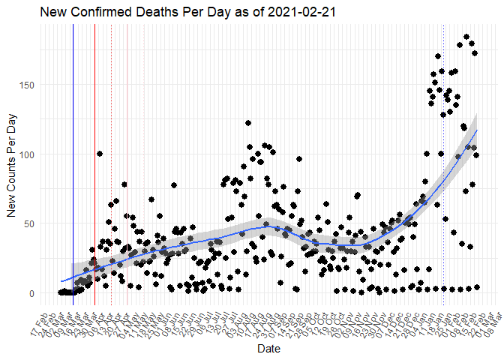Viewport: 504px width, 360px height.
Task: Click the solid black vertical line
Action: tap(73, 150)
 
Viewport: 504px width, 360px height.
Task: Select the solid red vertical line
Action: tap(94, 150)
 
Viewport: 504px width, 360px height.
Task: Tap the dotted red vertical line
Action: tap(111, 150)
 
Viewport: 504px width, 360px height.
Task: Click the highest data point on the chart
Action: tap(466, 37)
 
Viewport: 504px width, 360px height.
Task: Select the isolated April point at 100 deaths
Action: tap(100, 154)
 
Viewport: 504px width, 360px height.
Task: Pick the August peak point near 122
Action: tap(247, 123)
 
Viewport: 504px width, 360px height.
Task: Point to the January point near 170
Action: tap(438, 56)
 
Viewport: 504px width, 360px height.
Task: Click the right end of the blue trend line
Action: tap(477, 130)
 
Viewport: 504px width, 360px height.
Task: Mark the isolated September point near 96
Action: tap(298, 159)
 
